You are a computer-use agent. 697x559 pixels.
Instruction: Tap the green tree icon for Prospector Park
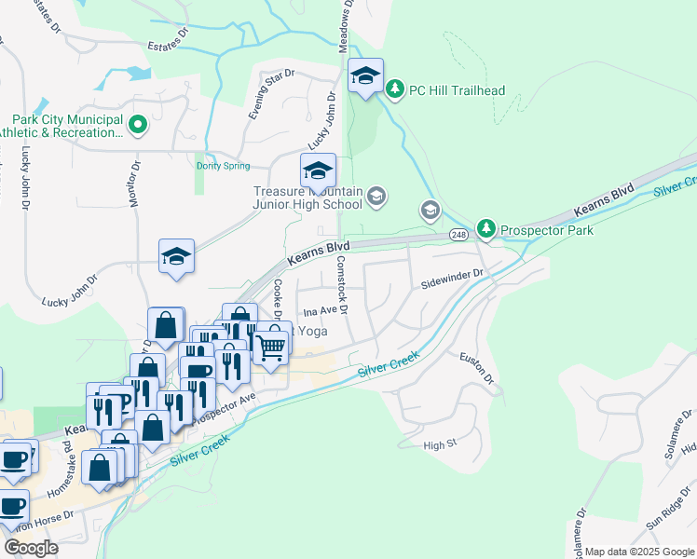pyautogui.click(x=485, y=228)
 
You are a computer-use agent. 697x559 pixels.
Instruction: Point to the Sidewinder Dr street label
pyautogui.click(x=453, y=274)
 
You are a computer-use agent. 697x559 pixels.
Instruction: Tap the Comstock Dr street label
pyautogui.click(x=342, y=284)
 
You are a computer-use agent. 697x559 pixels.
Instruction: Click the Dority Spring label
pyautogui.click(x=224, y=166)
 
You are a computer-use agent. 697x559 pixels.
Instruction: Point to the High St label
pyautogui.click(x=436, y=445)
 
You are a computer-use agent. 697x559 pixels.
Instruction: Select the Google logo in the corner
pyautogui.click(x=31, y=547)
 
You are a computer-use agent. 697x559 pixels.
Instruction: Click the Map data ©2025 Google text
pyautogui.click(x=639, y=552)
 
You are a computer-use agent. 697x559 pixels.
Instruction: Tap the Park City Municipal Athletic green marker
pyautogui.click(x=138, y=125)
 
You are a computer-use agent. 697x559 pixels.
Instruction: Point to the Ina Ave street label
pyautogui.click(x=319, y=311)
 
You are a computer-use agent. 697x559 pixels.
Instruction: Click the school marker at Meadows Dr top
pyautogui.click(x=365, y=75)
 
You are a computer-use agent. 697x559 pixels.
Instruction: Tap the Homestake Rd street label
pyautogui.click(x=70, y=453)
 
